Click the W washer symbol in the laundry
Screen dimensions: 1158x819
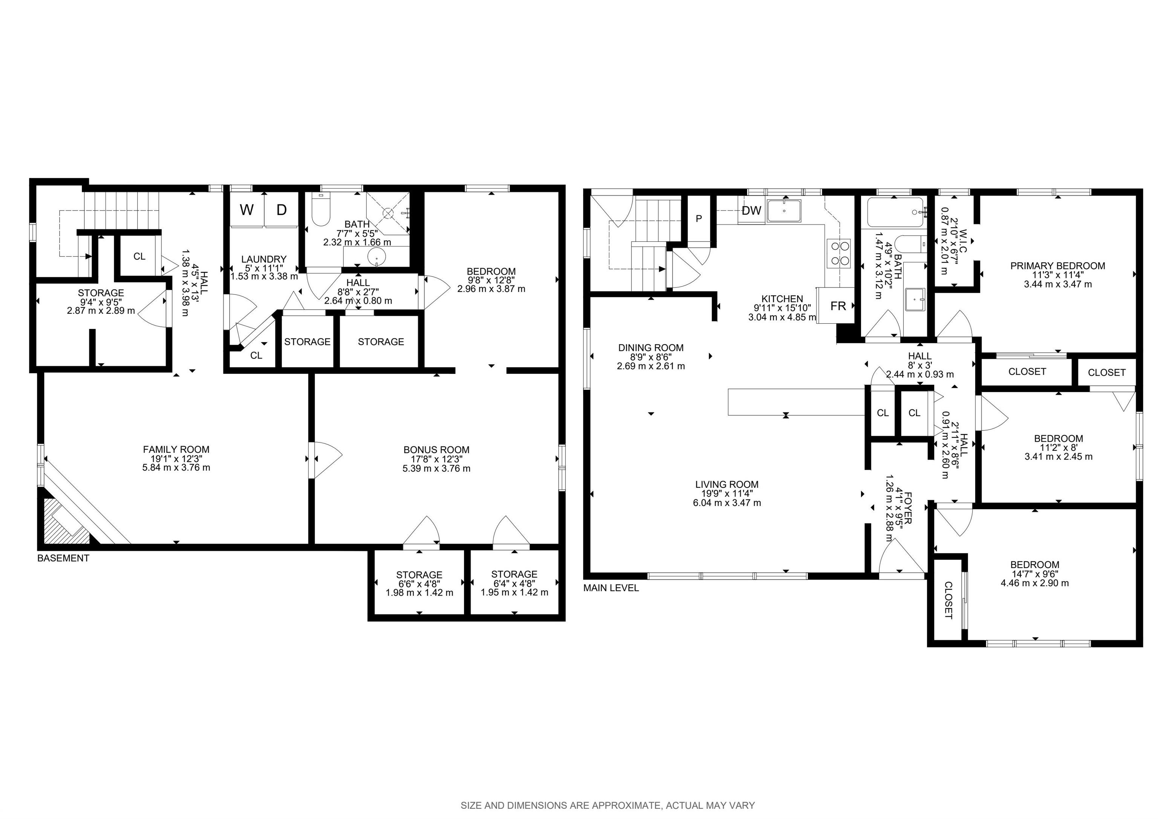(x=247, y=209)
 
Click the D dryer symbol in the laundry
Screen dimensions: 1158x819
(x=282, y=209)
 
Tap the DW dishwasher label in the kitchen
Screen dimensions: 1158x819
(x=752, y=211)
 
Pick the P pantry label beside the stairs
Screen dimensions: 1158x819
(x=698, y=218)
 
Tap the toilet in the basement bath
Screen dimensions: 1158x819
(x=320, y=211)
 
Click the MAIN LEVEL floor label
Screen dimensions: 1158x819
(x=611, y=588)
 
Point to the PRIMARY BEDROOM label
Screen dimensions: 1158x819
(x=1058, y=266)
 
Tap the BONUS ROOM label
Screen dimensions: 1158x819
(x=436, y=450)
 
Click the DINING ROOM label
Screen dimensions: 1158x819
(x=651, y=348)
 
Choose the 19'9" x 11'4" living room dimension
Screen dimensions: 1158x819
(x=727, y=493)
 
